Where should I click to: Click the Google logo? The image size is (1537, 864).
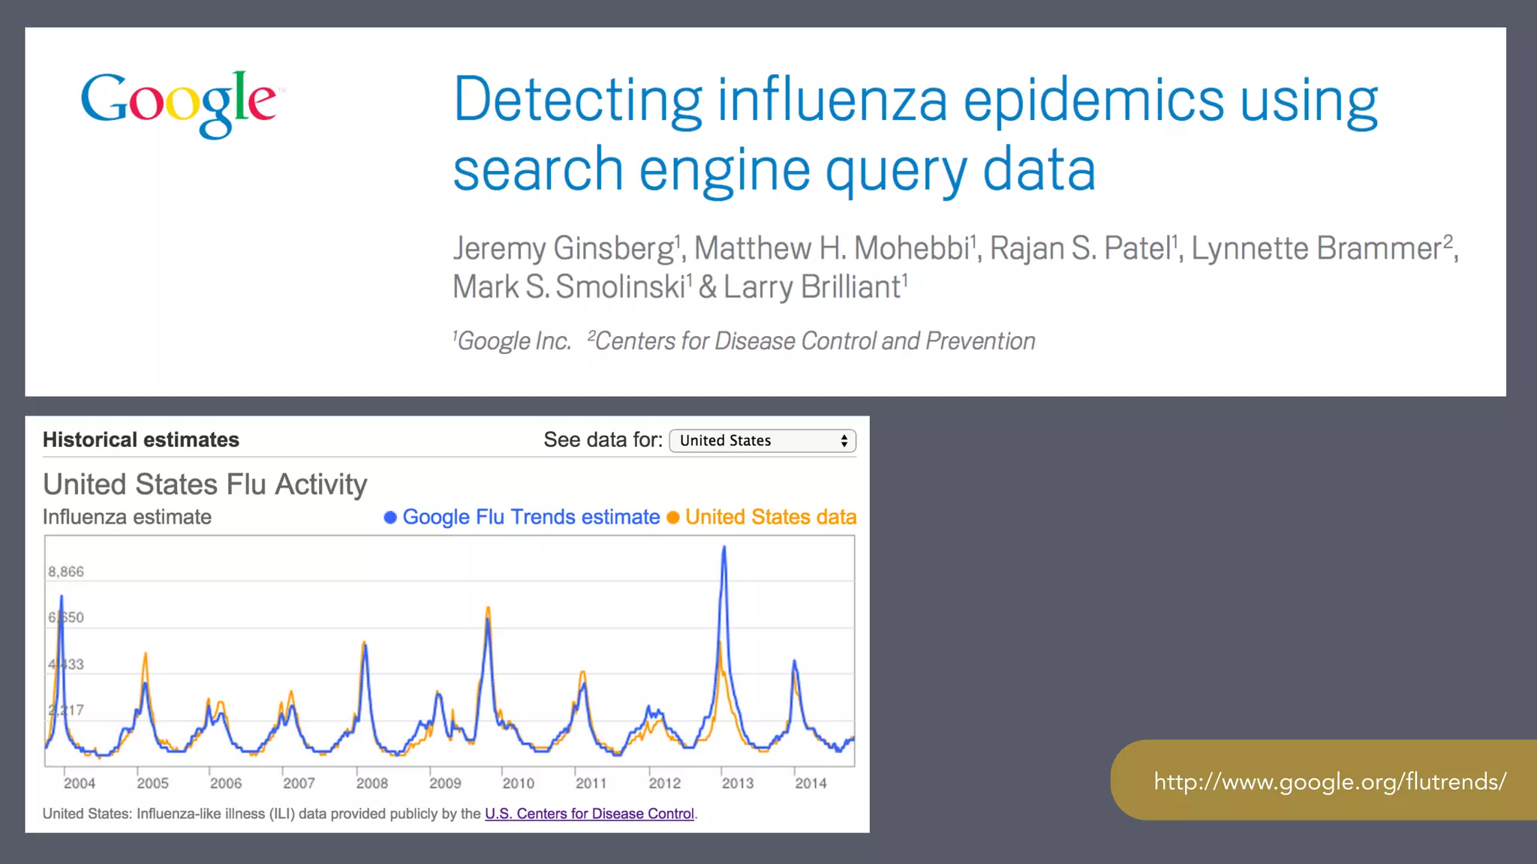pyautogui.click(x=179, y=103)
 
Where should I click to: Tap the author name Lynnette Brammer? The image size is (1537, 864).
pyautogui.click(x=1316, y=249)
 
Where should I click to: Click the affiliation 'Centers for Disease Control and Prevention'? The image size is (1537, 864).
pyautogui.click(x=815, y=341)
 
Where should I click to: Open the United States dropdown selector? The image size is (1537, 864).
pyautogui.click(x=762, y=440)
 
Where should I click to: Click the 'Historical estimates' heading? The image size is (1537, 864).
pyautogui.click(x=141, y=439)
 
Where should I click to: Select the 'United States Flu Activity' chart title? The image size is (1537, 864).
pyautogui.click(x=205, y=484)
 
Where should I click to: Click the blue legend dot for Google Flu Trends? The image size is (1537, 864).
pyautogui.click(x=390, y=517)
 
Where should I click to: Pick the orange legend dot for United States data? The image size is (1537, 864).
pyautogui.click(x=673, y=517)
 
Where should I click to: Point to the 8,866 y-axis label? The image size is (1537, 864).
pyautogui.click(x=66, y=572)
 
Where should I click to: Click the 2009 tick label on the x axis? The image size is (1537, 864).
pyautogui.click(x=445, y=783)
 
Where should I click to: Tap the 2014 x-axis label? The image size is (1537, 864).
pyautogui.click(x=811, y=783)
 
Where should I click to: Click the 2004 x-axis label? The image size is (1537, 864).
pyautogui.click(x=80, y=783)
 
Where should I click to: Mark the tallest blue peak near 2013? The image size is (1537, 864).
pyautogui.click(x=723, y=548)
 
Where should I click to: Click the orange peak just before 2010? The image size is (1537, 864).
pyautogui.click(x=488, y=609)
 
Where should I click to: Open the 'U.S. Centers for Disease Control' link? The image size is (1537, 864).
pyautogui.click(x=589, y=814)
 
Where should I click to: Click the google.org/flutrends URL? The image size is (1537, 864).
pyautogui.click(x=1330, y=781)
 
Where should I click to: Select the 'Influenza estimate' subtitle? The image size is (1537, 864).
pyautogui.click(x=127, y=517)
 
